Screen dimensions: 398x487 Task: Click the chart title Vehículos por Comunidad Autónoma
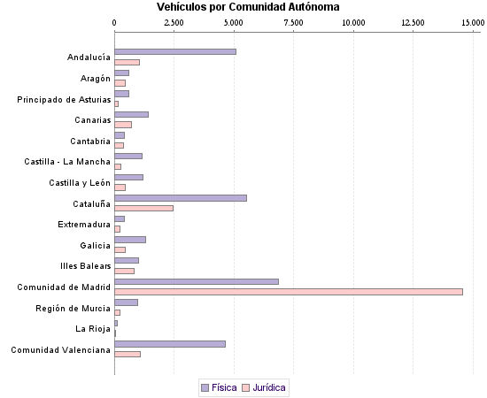[x=242, y=7]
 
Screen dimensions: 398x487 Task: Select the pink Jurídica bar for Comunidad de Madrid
[x=289, y=292]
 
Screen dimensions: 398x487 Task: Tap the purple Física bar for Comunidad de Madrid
[x=197, y=281]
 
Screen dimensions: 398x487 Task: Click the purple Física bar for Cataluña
[x=181, y=198]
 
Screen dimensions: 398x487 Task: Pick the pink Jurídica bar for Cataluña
[x=144, y=209]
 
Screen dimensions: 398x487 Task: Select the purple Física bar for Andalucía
[x=175, y=52]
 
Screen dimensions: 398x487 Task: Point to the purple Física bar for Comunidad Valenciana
[x=170, y=344]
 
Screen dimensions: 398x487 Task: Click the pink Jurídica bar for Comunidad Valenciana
[x=128, y=354]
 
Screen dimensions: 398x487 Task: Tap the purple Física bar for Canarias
[x=132, y=115]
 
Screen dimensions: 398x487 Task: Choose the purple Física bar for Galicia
[x=130, y=240]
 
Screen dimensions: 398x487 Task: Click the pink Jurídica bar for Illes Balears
[x=125, y=271]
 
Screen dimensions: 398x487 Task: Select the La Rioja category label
[x=93, y=329]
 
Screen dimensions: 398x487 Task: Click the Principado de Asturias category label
[x=64, y=99]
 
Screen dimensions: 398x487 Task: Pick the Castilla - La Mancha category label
[x=67, y=162]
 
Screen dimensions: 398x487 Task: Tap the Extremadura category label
[x=84, y=225]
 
